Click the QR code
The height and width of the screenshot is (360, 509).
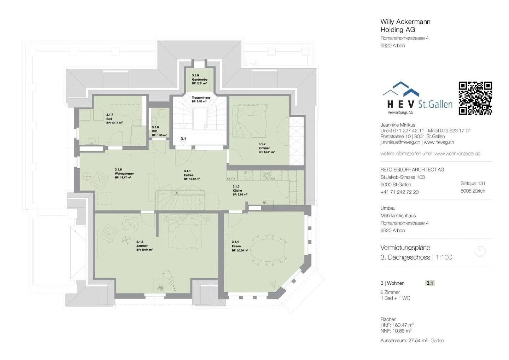click(x=475, y=98)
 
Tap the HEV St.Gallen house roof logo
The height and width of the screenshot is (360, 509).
click(x=401, y=89)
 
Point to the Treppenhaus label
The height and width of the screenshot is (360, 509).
click(x=201, y=98)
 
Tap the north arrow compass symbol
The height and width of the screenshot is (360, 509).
click(x=480, y=251)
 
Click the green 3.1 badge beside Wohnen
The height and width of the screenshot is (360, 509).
click(x=429, y=283)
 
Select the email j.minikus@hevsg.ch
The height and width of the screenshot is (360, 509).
click(x=400, y=142)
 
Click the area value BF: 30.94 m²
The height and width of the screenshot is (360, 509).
click(x=144, y=250)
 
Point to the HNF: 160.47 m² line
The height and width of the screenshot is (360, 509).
click(x=397, y=325)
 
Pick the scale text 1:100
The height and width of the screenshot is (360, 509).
click(x=444, y=257)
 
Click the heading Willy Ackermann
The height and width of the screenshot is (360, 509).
click(x=405, y=22)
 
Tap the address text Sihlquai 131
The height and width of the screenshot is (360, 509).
click(x=473, y=183)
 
